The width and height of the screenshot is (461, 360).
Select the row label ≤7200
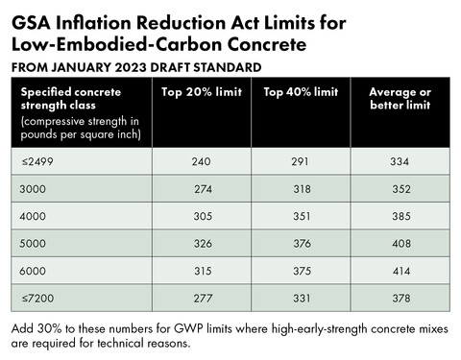37,299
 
